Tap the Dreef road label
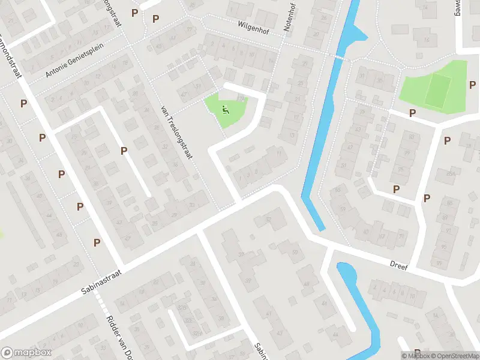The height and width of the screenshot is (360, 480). [x=398, y=265]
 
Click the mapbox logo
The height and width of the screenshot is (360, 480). [x=26, y=353]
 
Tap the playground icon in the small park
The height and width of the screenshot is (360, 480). [x=226, y=109]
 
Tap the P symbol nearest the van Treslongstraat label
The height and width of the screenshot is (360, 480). [x=124, y=151]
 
